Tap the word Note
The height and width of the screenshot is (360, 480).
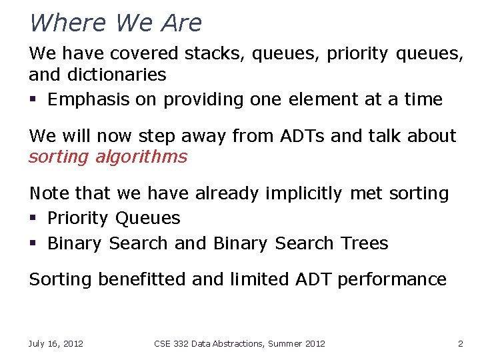click(x=49, y=193)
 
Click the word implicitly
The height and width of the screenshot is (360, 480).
click(x=302, y=193)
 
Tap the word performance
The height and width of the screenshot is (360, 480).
click(x=391, y=279)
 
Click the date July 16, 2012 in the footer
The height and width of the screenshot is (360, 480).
click(x=55, y=343)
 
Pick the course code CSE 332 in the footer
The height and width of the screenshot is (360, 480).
click(x=171, y=343)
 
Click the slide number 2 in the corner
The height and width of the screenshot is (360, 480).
click(x=460, y=343)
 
